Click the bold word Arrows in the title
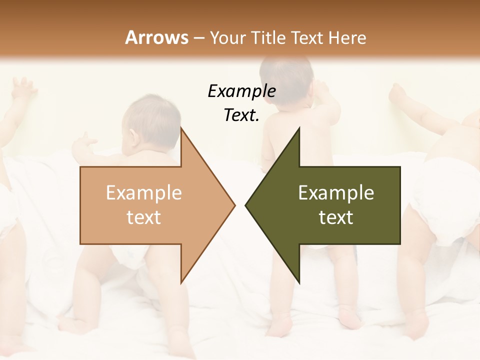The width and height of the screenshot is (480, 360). point(157,37)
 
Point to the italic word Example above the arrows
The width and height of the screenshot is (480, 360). point(241,91)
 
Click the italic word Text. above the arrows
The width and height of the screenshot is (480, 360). point(241,115)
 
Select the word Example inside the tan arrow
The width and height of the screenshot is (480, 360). point(143,193)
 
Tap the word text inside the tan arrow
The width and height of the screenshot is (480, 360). point(143,217)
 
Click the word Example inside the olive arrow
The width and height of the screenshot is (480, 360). point(336,193)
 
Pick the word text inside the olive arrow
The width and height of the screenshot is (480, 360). point(336,217)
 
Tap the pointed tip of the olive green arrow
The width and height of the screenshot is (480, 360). point(247,205)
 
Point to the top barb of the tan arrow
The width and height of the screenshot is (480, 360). point(181,131)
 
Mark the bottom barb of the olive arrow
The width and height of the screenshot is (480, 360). point(298,280)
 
